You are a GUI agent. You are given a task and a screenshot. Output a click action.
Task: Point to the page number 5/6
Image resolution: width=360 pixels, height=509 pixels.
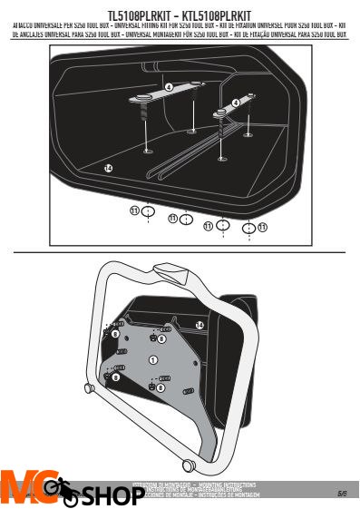342,494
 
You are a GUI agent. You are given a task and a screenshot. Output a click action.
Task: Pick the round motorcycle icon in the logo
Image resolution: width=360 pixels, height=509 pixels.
62,491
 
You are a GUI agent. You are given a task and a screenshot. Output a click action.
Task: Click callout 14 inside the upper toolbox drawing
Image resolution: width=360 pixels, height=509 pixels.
108,169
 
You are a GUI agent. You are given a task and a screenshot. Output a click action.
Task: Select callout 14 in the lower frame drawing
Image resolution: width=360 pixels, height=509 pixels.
199,324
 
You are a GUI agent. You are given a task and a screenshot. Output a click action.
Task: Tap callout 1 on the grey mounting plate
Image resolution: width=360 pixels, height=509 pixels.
152,361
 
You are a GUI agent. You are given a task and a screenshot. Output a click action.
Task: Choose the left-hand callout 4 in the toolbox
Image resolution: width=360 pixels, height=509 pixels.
169,86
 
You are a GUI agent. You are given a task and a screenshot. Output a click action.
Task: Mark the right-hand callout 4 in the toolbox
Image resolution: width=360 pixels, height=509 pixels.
236,103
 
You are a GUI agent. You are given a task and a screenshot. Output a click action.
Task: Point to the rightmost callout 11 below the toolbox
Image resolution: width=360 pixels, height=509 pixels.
262,227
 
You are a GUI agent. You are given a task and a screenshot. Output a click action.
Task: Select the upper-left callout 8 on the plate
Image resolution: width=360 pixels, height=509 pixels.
115,335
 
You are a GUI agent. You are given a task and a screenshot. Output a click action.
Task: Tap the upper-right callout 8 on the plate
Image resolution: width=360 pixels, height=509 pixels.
161,339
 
